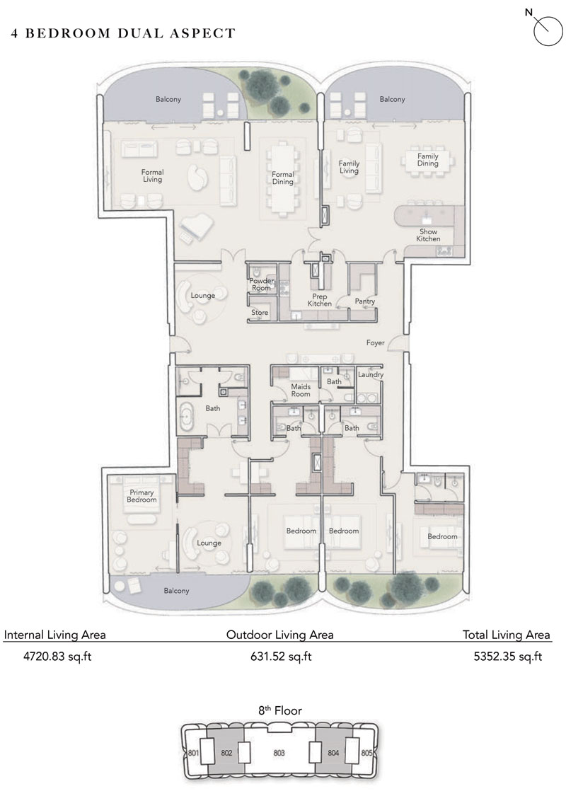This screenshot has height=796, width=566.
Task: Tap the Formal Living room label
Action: pyautogui.click(x=152, y=175)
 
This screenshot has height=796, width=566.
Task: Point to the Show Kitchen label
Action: pyautogui.click(x=428, y=236)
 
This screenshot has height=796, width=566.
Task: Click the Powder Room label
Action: pyautogui.click(x=261, y=284)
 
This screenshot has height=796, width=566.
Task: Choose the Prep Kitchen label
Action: pyautogui.click(x=320, y=300)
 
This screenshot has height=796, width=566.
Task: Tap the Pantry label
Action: pyautogui.click(x=365, y=301)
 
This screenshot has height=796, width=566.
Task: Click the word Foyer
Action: pyautogui.click(x=375, y=342)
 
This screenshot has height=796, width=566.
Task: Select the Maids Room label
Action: pyautogui.click(x=301, y=390)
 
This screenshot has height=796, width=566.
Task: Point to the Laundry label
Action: pyautogui.click(x=370, y=374)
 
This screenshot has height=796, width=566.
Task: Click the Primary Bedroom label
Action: pyautogui.click(x=141, y=495)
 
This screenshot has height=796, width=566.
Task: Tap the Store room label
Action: pyautogui.click(x=260, y=312)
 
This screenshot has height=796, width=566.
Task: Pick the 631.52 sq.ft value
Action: pyautogui.click(x=279, y=657)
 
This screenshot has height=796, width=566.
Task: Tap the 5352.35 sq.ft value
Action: pyautogui.click(x=507, y=657)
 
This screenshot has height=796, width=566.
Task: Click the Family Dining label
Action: pyautogui.click(x=427, y=160)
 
